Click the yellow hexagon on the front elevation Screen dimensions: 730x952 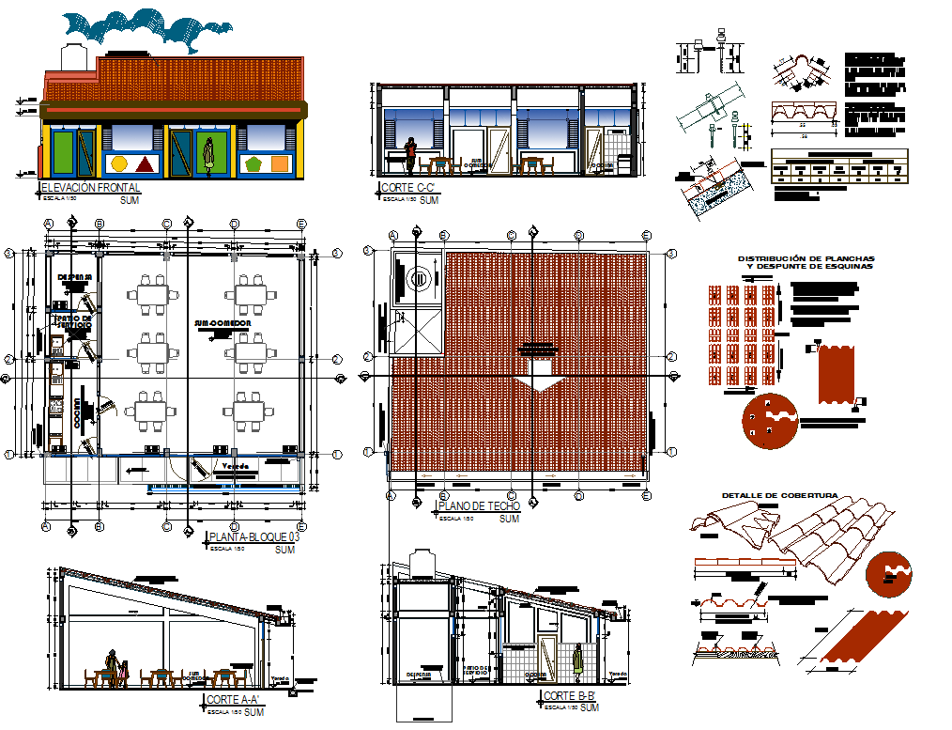(x=119, y=164)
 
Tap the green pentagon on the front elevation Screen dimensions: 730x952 (x=253, y=164)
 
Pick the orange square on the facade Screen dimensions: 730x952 (x=280, y=164)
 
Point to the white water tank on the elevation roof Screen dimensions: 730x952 (x=73, y=55)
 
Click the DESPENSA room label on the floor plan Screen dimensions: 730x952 (x=75, y=276)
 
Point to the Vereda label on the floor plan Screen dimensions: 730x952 (x=235, y=466)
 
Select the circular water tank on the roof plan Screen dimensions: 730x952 (x=419, y=277)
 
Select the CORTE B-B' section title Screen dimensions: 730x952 (x=569, y=696)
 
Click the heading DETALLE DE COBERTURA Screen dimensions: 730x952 (x=779, y=496)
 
